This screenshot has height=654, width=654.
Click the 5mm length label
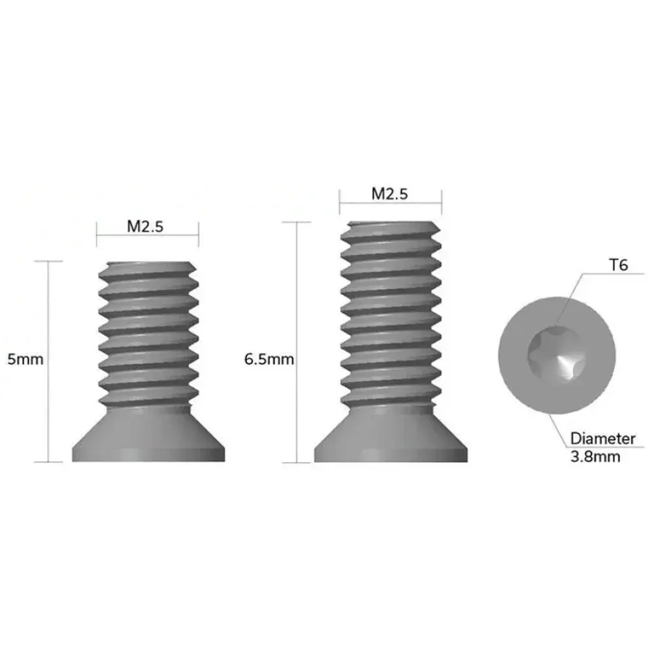point(26,359)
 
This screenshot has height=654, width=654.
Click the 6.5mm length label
point(269,359)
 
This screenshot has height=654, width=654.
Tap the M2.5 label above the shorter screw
point(145,226)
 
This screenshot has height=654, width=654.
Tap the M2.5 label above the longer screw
point(390,194)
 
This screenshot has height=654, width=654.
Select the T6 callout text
point(619,265)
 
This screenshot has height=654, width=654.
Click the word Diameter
point(603,438)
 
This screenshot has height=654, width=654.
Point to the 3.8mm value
point(595,456)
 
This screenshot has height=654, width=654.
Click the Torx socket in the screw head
point(557,354)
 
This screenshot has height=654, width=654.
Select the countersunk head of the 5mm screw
point(148,435)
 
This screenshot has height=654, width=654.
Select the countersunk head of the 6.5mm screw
point(391,435)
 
